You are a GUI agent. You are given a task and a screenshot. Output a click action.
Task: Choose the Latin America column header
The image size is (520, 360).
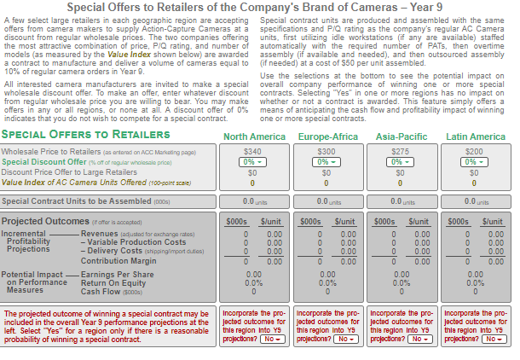coord(476,136)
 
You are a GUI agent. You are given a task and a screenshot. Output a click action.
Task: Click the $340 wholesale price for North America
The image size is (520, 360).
coord(252,151)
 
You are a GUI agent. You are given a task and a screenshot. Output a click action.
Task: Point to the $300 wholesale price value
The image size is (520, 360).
coord(326,151)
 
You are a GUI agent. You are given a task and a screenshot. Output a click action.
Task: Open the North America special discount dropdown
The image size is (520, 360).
coord(252,161)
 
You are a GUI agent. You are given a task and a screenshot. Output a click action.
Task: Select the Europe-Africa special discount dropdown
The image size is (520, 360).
coord(326,161)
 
